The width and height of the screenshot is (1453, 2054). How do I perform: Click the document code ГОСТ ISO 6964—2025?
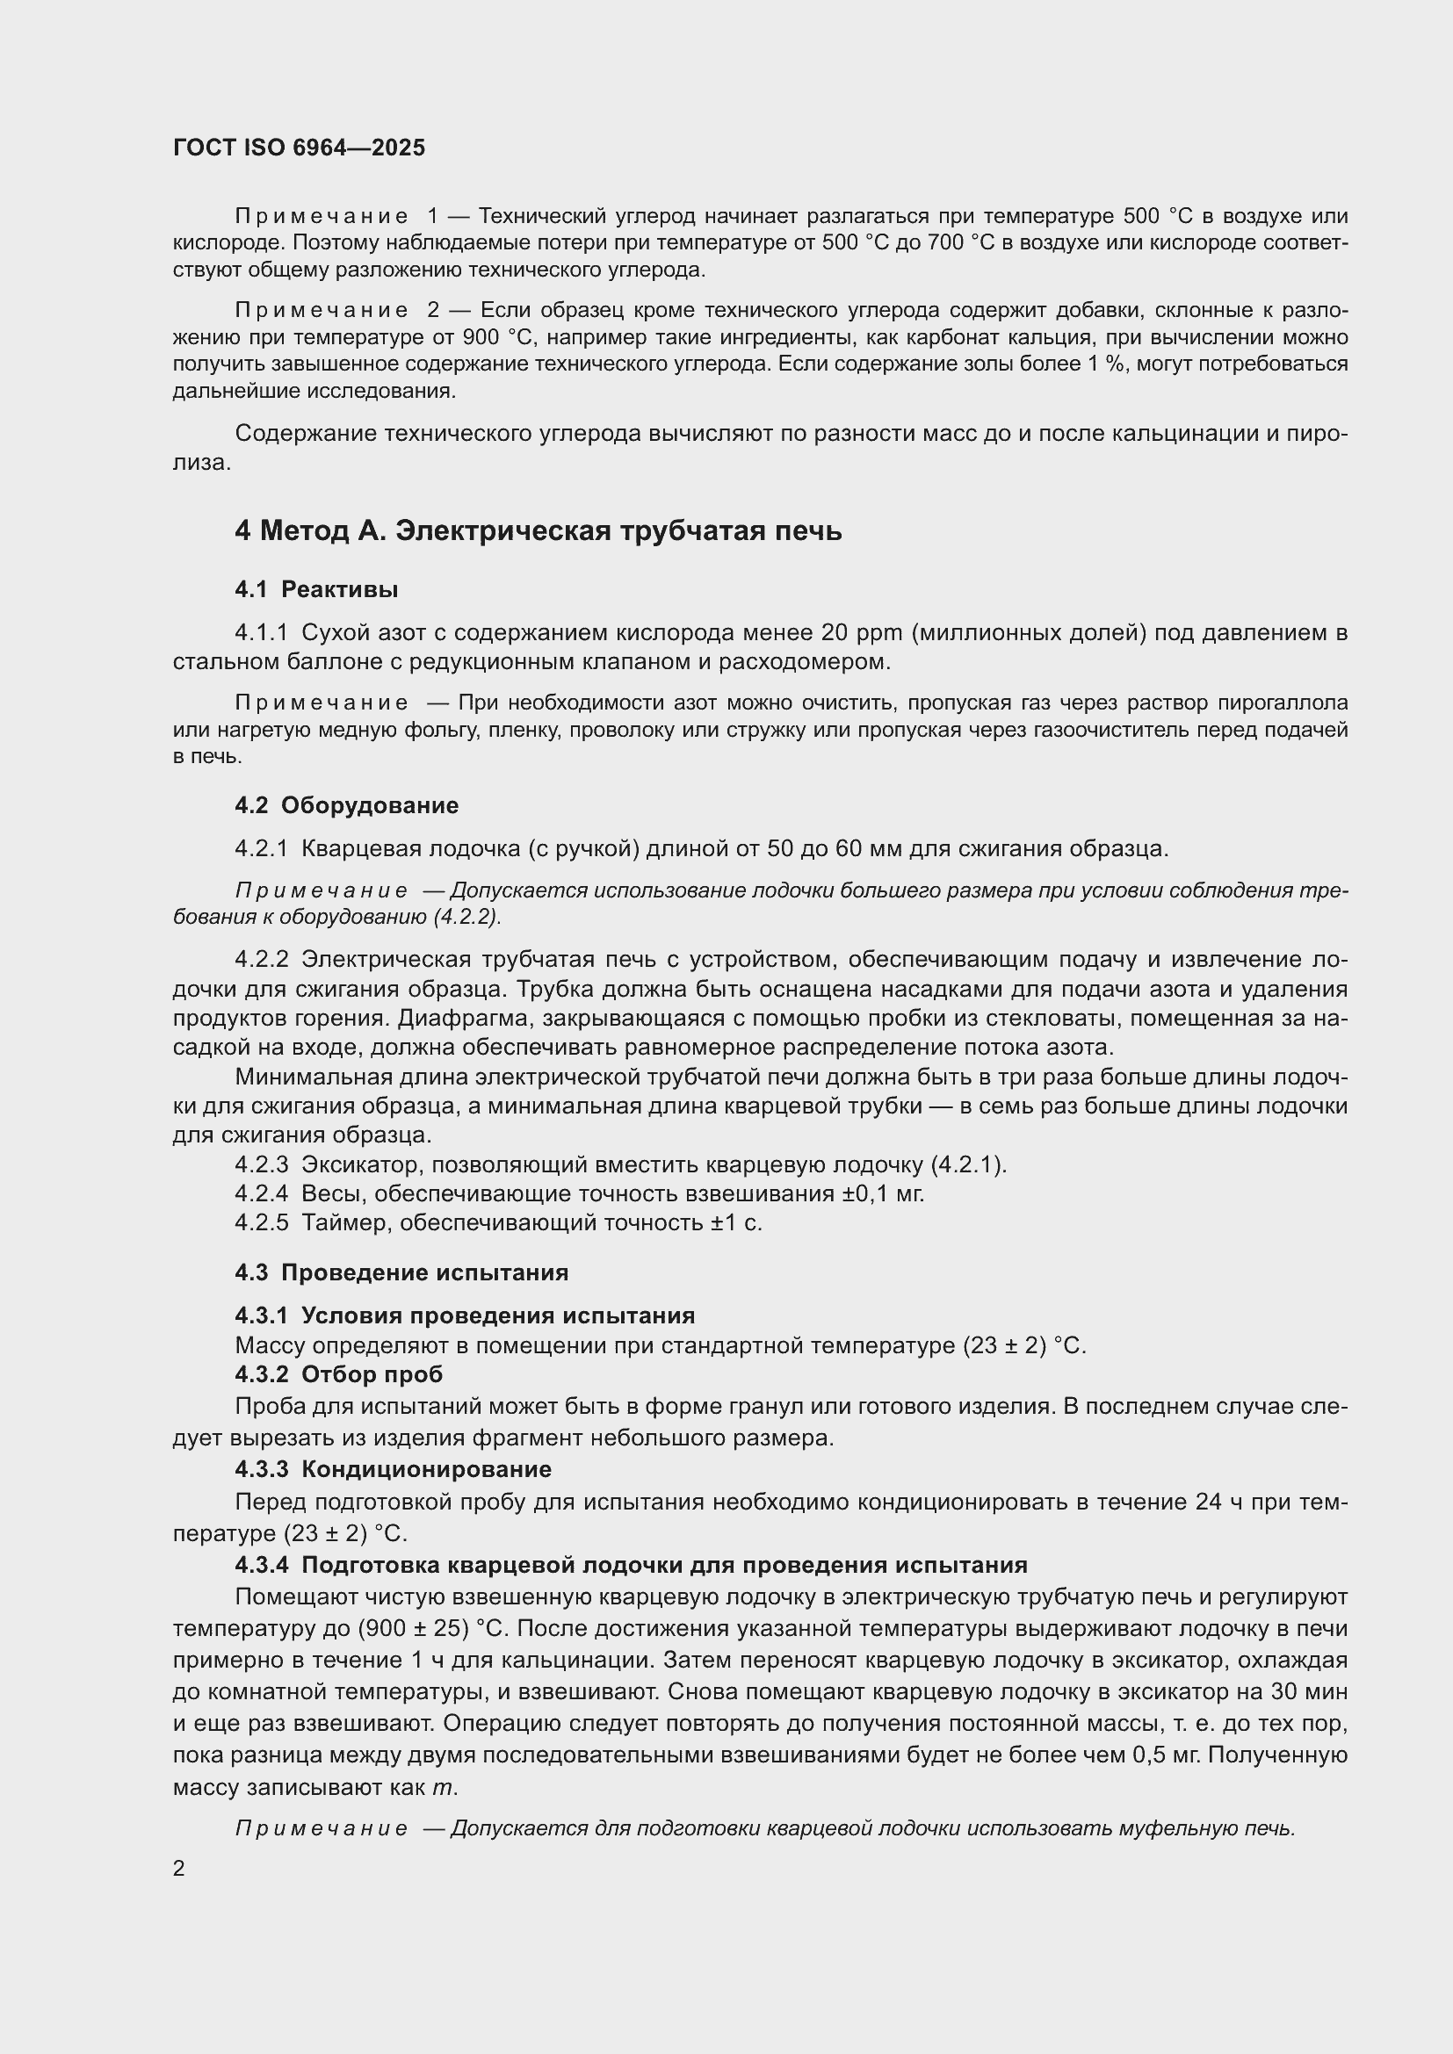(x=299, y=148)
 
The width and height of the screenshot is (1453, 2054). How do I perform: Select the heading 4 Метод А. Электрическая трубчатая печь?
(x=538, y=530)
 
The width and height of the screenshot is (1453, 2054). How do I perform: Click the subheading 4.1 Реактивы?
(x=317, y=589)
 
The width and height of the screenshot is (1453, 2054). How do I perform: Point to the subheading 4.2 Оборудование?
(x=346, y=805)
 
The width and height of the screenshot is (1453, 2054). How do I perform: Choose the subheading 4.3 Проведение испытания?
(x=401, y=1272)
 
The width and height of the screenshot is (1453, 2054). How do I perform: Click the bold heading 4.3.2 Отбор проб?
(x=339, y=1373)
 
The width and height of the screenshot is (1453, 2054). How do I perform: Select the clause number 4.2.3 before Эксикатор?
(x=261, y=1164)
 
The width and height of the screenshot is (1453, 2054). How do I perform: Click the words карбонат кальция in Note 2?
(x=952, y=337)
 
